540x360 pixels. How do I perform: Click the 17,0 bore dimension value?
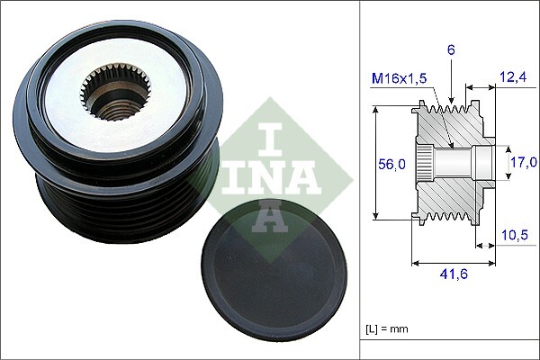coord(524,162)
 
